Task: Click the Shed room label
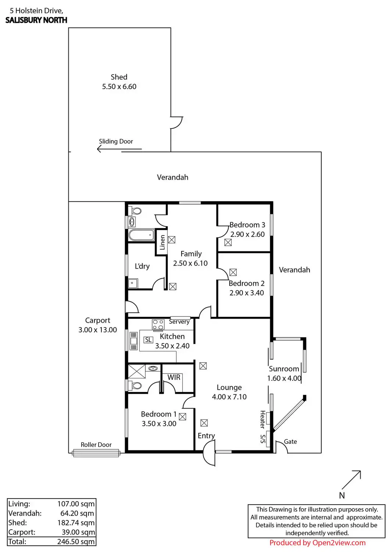point(119,77)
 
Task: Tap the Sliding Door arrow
point(119,149)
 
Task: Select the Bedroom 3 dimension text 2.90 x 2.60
point(247,234)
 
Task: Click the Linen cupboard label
point(162,243)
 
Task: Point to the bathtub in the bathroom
point(141,235)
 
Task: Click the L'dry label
point(142,266)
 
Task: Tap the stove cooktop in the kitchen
point(158,324)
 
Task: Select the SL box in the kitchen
point(148,340)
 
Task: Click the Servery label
point(179,322)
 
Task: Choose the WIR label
point(174,378)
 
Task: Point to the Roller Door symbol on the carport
point(96,453)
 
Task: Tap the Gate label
point(290,442)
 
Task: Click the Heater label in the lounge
point(263,420)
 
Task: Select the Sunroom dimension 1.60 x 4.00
point(284,378)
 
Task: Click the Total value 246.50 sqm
point(76,542)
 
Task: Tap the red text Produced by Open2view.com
point(317,543)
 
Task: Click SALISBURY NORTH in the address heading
point(36,20)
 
